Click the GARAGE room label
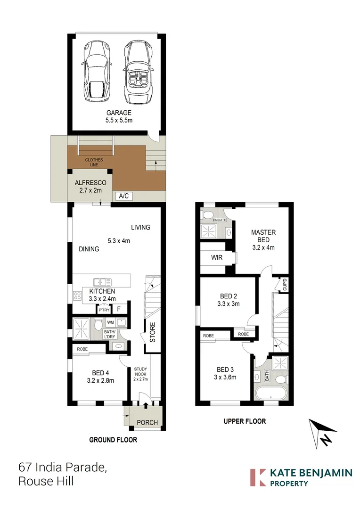[118, 113]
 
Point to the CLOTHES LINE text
[94, 163]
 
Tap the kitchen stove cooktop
[77, 297]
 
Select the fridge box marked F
[119, 310]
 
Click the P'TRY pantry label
[103, 310]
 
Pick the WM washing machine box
[110, 322]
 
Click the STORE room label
[152, 332]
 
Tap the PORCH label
[147, 422]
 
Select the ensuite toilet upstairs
[206, 215]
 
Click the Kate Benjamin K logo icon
[257, 477]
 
